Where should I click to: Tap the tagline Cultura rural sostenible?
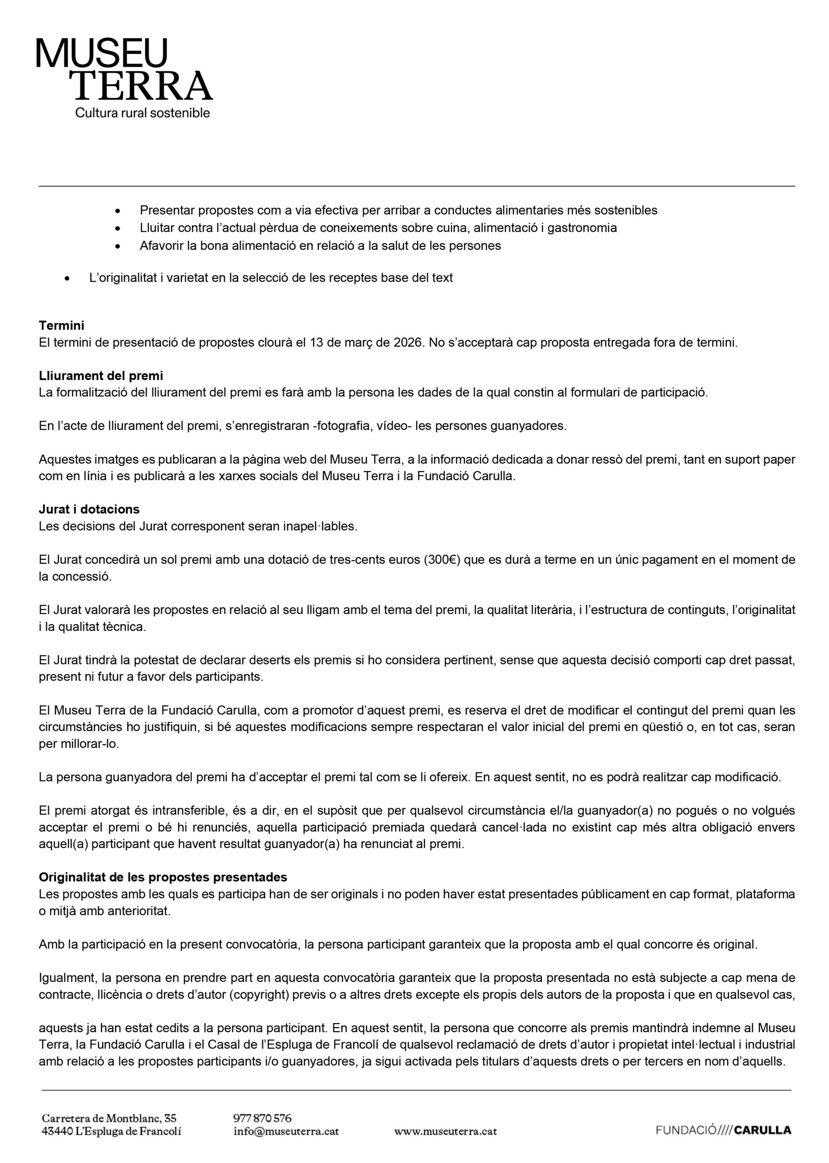pos(143,113)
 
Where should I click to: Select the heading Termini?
pos(61,325)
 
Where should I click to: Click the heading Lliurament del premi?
pos(100,376)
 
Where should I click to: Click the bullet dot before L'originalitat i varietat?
pos(67,279)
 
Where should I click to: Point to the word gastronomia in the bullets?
pos(582,228)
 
